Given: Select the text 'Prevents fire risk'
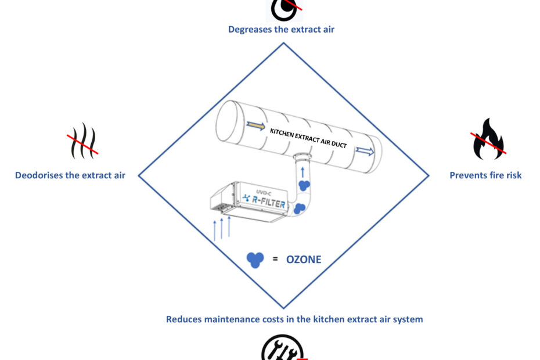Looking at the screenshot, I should (x=485, y=175).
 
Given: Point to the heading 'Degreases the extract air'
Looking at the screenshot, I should (x=282, y=29).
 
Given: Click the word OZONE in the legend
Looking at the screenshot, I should (x=304, y=260).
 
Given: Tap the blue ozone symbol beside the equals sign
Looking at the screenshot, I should (x=254, y=259).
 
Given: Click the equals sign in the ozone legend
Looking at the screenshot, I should (x=275, y=259).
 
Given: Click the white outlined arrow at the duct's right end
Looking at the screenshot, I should (x=365, y=152).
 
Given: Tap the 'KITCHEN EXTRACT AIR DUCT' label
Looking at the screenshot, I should (x=308, y=138).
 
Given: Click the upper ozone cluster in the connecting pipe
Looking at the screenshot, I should (x=304, y=185).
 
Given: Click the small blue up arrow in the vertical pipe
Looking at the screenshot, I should (x=303, y=172).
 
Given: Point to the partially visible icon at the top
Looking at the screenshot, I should (x=285, y=8).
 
